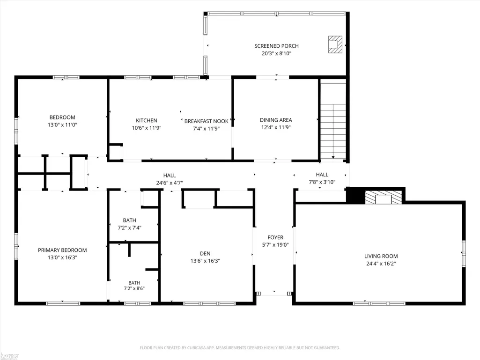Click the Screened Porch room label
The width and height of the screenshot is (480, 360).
(276, 46)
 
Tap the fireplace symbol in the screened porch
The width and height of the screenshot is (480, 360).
(335, 44)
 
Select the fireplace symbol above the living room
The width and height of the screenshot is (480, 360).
(383, 198)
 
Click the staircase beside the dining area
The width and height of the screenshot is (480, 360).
(333, 119)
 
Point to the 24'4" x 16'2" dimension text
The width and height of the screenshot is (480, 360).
(381, 264)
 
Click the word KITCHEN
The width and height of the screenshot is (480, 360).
(146, 121)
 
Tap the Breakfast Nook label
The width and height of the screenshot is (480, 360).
(207, 121)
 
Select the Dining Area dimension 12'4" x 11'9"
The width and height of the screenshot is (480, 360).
(276, 127)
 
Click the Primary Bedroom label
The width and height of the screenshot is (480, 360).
(62, 250)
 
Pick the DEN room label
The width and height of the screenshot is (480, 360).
(205, 253)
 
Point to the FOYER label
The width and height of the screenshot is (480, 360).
(275, 237)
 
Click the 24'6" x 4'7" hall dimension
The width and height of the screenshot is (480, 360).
(169, 183)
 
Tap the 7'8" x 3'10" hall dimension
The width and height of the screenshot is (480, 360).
(322, 182)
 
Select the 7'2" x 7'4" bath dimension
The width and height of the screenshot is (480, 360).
(130, 228)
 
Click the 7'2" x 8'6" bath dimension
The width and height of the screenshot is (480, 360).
(134, 288)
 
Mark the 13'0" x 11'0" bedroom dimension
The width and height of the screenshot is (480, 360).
(62, 125)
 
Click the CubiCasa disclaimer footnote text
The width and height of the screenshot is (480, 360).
(240, 348)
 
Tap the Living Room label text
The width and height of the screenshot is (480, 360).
(381, 256)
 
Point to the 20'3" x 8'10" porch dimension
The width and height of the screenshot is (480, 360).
(276, 53)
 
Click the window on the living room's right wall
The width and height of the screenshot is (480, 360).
(464, 253)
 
